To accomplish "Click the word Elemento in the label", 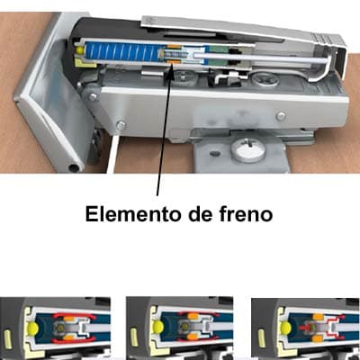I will click(121, 215).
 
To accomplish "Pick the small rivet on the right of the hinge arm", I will click(281, 116).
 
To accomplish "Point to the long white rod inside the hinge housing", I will click(261, 60).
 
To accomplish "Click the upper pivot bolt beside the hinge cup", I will click(92, 93).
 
